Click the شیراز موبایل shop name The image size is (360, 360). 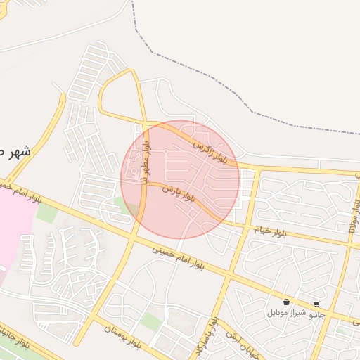pyautogui.click(x=286, y=313)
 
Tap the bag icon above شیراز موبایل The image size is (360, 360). pyautogui.click(x=286, y=302)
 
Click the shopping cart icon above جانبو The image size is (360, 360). pyautogui.click(x=317, y=304)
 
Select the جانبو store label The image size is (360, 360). pyautogui.click(x=317, y=314)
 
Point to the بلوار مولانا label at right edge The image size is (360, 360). pyautogui.click(x=353, y=211)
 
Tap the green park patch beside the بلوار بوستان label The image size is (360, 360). pyautogui.click(x=150, y=321)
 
